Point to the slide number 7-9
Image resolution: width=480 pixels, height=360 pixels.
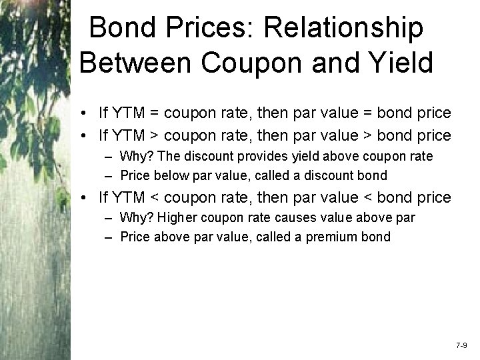pyautogui.click(x=461, y=347)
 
